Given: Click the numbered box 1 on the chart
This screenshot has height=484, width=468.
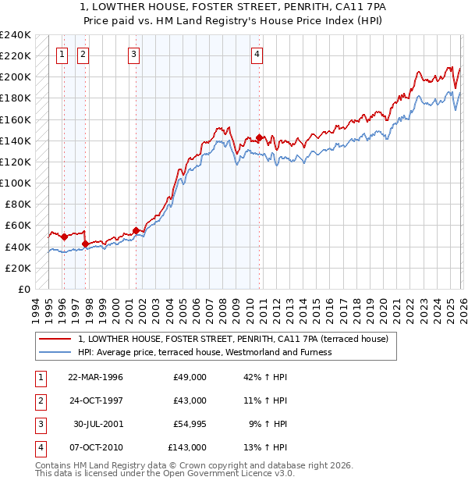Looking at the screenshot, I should pos(62,55).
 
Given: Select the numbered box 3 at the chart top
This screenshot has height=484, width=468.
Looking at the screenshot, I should pos(134,55).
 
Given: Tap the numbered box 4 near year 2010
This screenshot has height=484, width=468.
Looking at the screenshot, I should pos(257,55).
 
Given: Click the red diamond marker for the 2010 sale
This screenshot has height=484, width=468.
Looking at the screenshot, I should pos(259,137).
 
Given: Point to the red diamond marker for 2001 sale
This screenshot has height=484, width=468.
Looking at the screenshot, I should pos(136,230).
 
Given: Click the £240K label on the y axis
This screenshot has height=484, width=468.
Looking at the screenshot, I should pos(16,35).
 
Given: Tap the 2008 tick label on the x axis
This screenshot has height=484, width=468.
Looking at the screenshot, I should pos(223,308).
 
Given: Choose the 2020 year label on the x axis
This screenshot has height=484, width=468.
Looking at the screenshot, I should pos(383,308).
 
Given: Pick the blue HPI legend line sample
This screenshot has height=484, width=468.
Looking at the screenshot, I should pos(56,352).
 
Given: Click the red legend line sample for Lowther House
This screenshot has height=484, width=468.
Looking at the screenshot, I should pos(56,339).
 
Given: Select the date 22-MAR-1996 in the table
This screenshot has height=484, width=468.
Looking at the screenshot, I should pos(95,377).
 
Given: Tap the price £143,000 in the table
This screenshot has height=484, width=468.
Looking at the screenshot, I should pos(187,447).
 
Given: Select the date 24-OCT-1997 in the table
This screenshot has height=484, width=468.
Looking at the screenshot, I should pos(95,400).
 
